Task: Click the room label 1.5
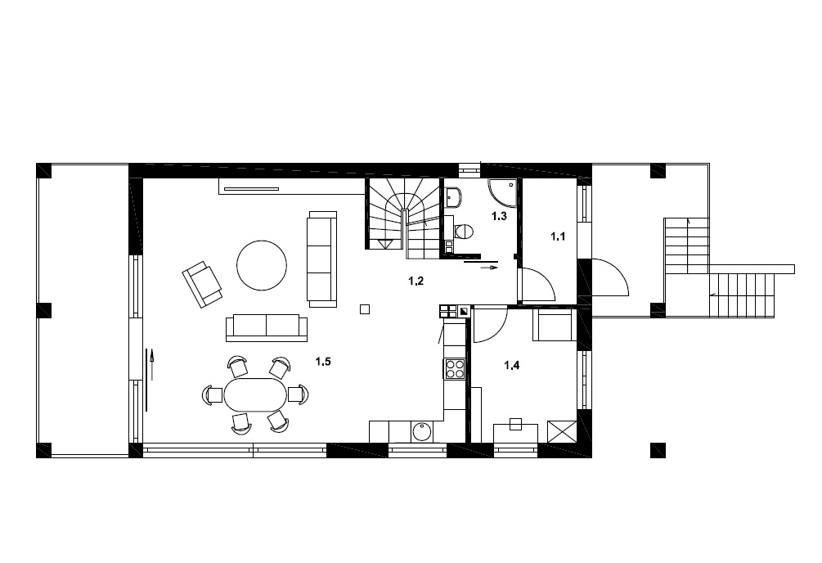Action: pos(323,362)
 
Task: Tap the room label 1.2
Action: pos(415,281)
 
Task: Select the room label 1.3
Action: pos(499,216)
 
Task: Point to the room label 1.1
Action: pos(558,236)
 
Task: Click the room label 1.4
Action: pos(512,366)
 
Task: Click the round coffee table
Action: pos(262,265)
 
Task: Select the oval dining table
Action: pos(255,394)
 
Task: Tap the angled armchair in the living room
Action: pos(202,285)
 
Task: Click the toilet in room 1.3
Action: pos(462,231)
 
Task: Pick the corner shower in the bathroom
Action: pos(502,192)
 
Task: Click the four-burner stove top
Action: pos(455,368)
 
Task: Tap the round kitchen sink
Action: pos(422,432)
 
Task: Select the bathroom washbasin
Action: pos(454,196)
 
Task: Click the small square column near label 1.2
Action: pos(365,309)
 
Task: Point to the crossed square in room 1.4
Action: pos(562,432)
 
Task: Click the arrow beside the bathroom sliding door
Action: pos(490,268)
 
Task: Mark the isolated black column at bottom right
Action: pos(658,450)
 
